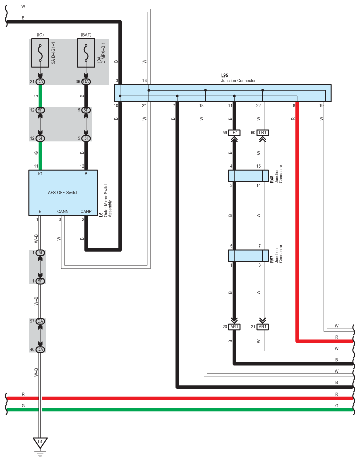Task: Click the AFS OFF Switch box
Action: (x=63, y=192)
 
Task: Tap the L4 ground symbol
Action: (x=40, y=442)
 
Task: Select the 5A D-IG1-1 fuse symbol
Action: (x=40, y=53)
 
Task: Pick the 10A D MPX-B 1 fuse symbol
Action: (x=85, y=53)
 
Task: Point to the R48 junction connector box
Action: (x=248, y=176)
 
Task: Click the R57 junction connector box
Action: (x=248, y=255)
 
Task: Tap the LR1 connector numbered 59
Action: (x=234, y=133)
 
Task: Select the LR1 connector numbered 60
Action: (x=262, y=133)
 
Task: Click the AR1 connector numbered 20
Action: (x=234, y=327)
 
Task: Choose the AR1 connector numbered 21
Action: (x=262, y=327)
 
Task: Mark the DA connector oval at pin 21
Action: (x=40, y=82)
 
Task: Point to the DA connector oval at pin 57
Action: (x=40, y=321)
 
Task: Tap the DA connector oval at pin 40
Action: (x=40, y=349)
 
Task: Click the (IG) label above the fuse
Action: (x=40, y=35)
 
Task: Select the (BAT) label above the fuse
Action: (x=85, y=35)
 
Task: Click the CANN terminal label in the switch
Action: (x=63, y=211)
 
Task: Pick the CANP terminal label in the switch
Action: (x=86, y=211)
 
